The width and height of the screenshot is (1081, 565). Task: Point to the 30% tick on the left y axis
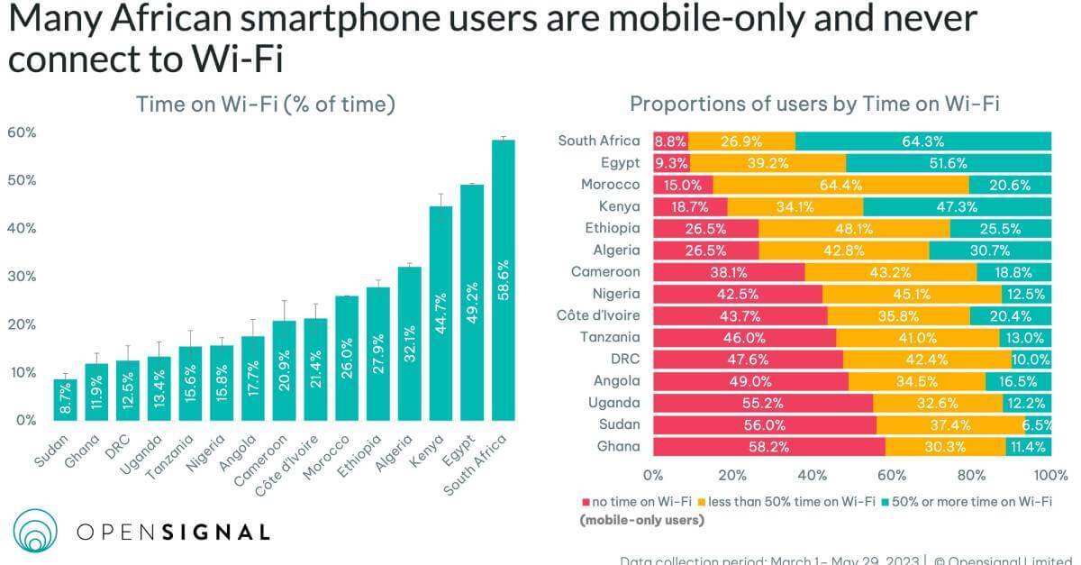23,277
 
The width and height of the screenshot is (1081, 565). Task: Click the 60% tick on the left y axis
23,132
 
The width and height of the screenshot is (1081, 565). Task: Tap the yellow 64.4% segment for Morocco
840,185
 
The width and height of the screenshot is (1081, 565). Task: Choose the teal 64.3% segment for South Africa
923,141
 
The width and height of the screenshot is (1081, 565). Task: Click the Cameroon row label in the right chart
605,271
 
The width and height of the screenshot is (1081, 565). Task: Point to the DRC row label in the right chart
623,359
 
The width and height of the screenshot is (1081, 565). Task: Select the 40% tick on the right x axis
813,475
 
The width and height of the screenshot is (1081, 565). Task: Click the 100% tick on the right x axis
1050,475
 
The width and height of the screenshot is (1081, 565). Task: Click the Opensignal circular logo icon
35,531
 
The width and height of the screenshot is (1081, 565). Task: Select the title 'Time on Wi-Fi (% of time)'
266,105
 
